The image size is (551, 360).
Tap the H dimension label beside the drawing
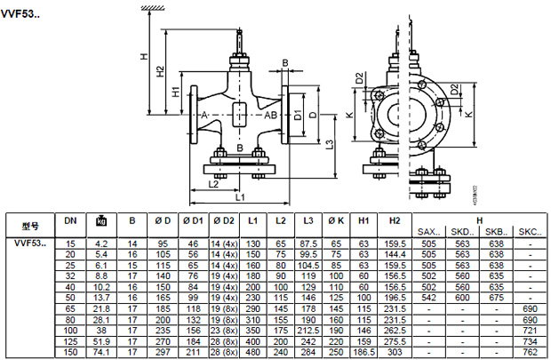(143, 55)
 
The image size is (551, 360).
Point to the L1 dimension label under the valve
(239, 195)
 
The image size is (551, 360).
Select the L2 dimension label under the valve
(213, 183)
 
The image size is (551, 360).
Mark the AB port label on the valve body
(271, 116)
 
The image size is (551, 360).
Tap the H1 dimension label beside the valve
(175, 92)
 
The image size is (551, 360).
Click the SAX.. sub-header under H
(429, 232)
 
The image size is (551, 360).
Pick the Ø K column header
(335, 220)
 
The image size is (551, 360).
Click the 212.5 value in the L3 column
(308, 329)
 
